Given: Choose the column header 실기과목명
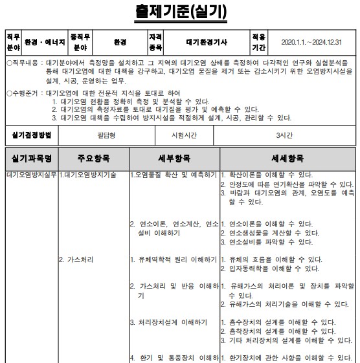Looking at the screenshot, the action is (31, 159).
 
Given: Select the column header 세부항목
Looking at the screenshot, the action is (174, 159).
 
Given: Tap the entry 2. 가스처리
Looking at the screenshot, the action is (76, 259).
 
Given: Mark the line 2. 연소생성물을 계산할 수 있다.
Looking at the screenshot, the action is (270, 233).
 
